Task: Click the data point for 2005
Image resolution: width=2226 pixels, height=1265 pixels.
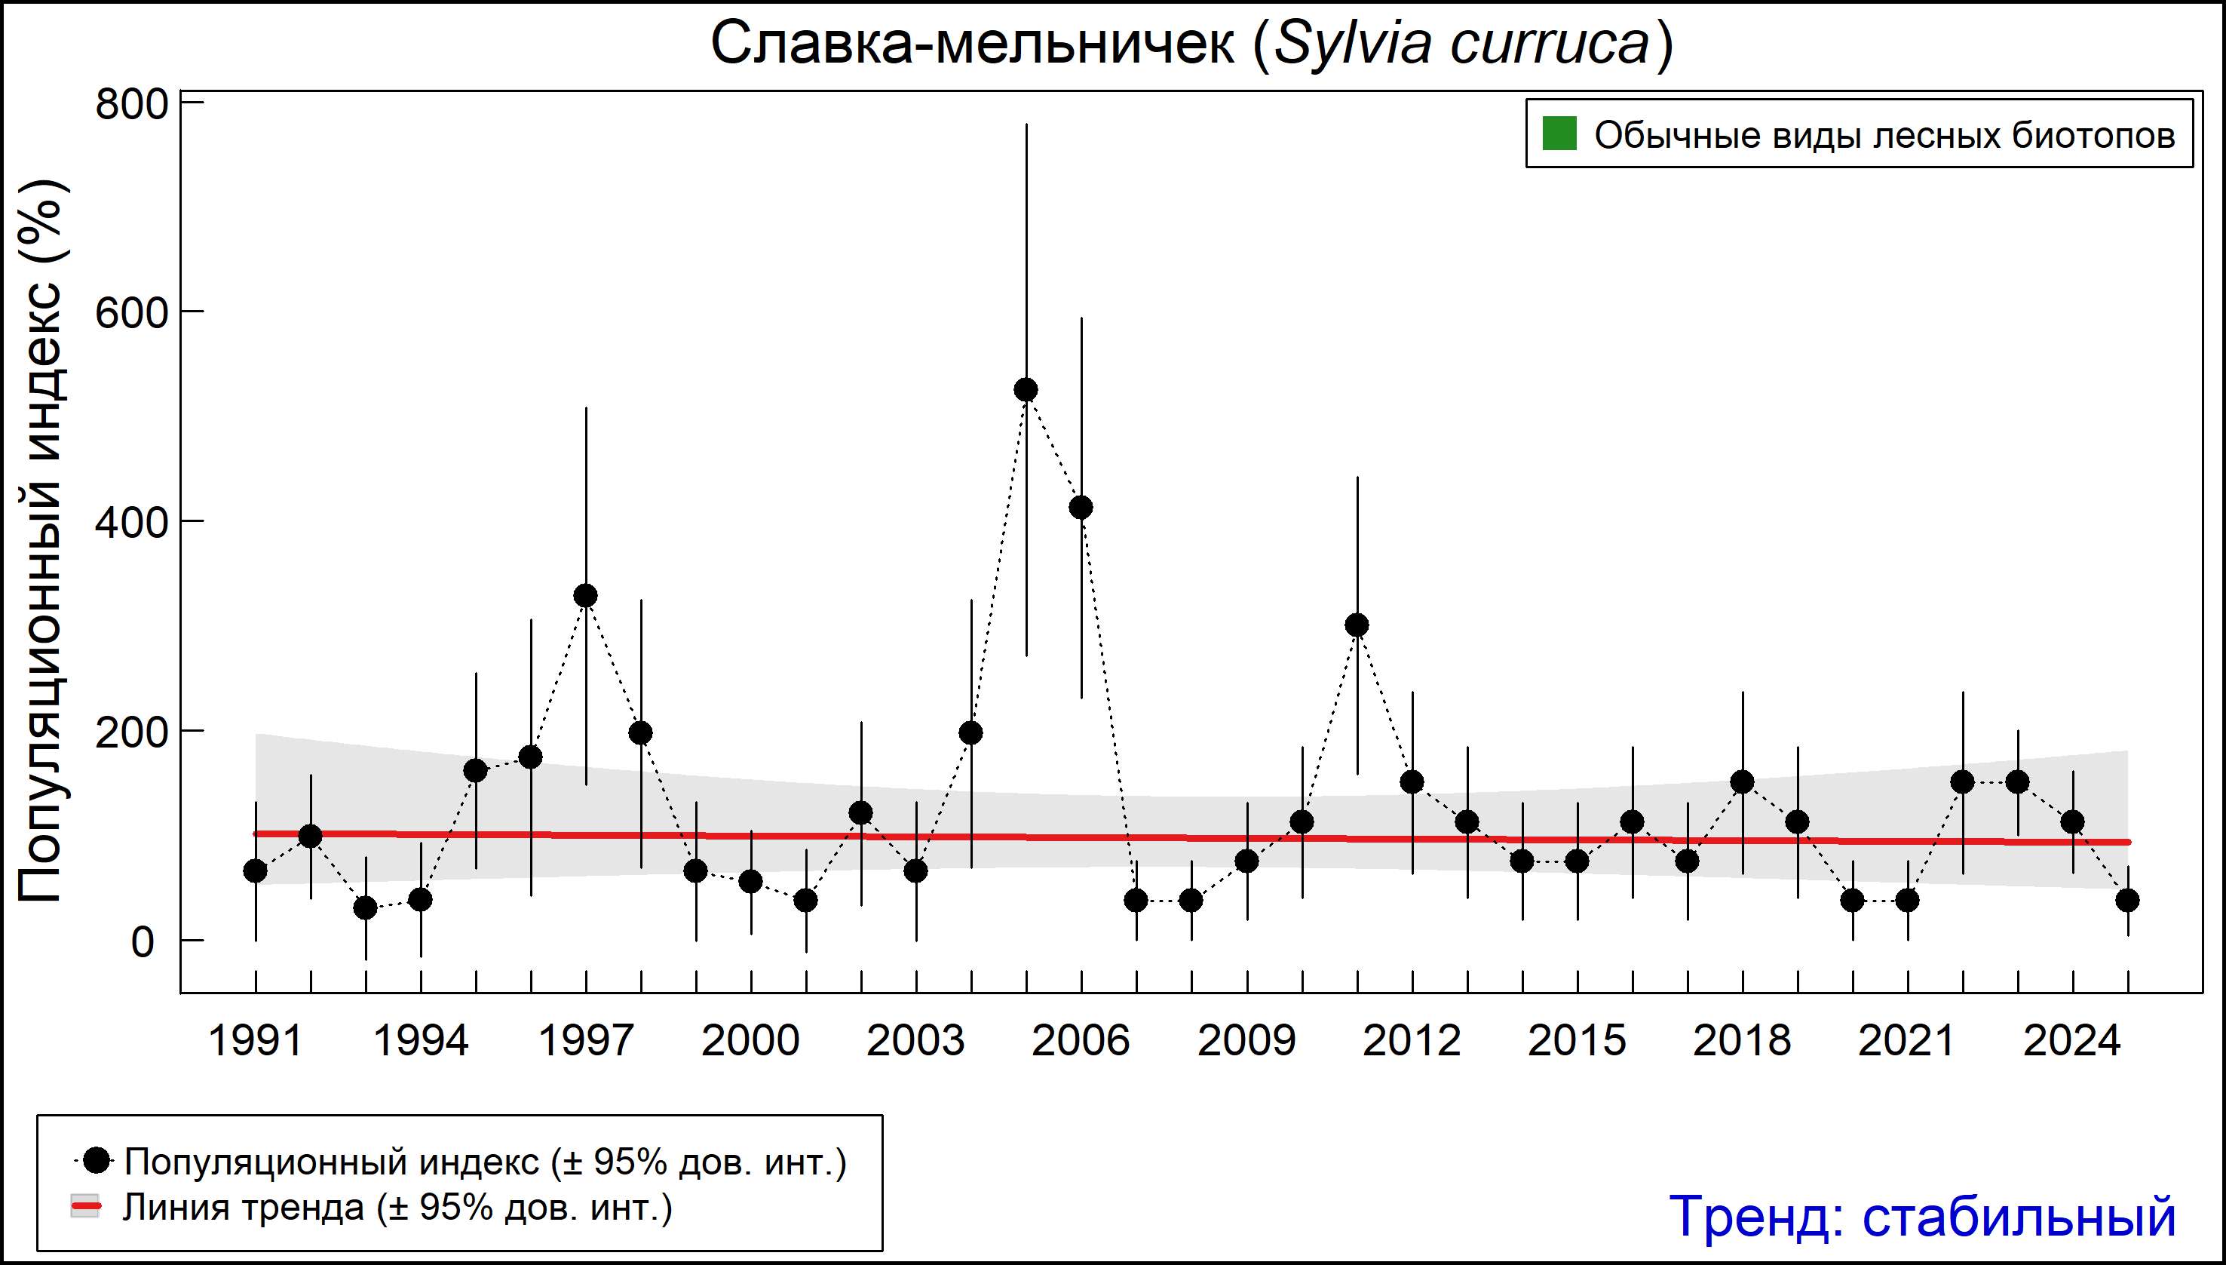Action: (1026, 390)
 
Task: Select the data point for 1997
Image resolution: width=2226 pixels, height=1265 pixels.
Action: (585, 596)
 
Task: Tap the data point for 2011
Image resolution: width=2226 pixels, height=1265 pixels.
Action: (1357, 625)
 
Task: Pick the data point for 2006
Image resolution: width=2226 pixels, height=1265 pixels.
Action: (1081, 508)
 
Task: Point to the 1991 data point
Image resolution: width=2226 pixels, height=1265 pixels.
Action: (256, 870)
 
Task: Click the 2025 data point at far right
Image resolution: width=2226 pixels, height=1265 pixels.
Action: (2128, 900)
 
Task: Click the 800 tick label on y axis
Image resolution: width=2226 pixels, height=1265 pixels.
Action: (131, 105)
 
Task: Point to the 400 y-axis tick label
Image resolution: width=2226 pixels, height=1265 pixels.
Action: (131, 523)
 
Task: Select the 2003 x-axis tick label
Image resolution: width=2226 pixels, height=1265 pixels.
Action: (915, 1041)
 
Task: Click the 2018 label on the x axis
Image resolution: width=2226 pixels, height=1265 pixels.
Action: (1741, 1041)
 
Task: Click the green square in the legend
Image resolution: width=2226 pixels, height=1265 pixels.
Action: (1559, 134)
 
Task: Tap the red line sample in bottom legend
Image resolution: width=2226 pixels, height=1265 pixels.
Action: (85, 1207)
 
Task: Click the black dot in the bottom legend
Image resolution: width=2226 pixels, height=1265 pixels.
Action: (97, 1160)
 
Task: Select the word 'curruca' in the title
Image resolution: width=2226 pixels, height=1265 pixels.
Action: (1550, 44)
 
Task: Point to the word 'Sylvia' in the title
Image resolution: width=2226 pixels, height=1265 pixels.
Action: (1351, 44)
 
